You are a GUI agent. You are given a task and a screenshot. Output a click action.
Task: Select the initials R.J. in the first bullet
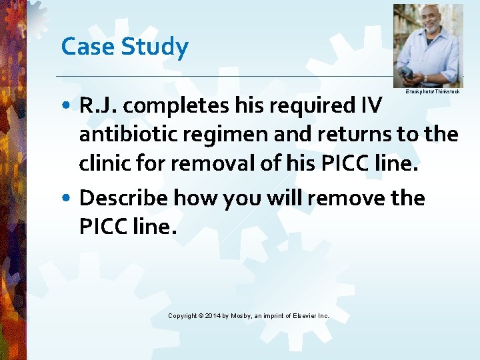[98, 105]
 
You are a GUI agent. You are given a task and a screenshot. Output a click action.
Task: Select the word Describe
[123, 198]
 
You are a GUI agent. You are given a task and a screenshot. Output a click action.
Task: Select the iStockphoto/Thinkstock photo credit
[432, 91]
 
